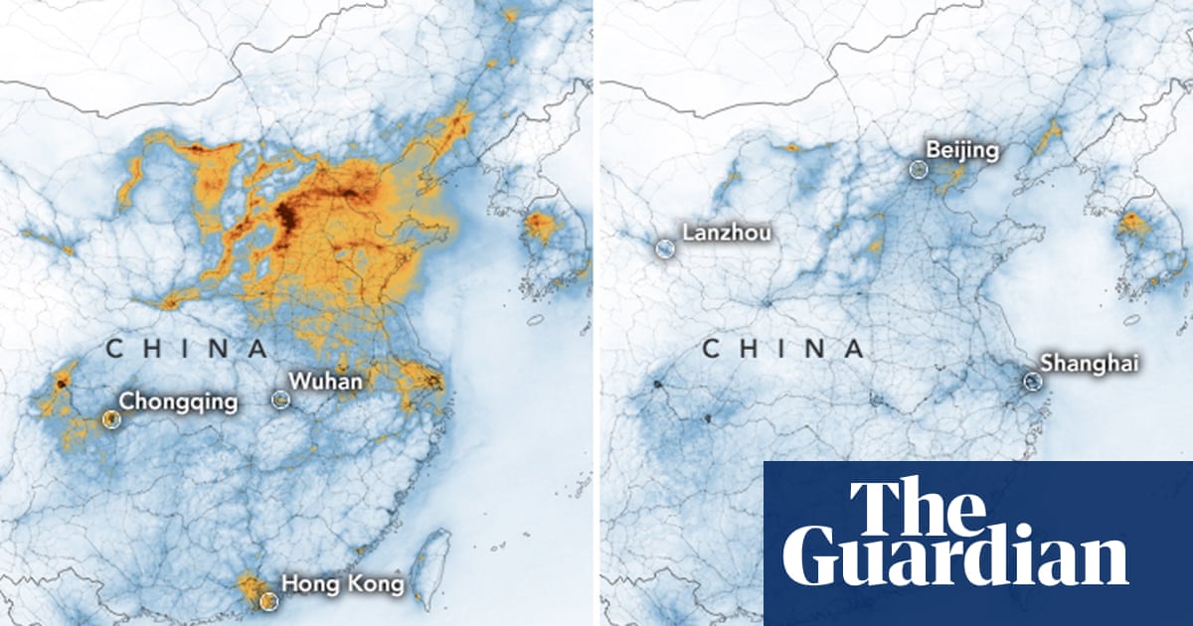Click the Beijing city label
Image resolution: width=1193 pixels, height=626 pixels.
[x=961, y=151]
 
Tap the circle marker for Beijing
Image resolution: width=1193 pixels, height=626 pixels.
[x=918, y=170]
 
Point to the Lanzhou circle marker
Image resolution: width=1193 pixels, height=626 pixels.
[x=663, y=247]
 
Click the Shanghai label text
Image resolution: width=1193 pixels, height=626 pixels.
[x=1089, y=364]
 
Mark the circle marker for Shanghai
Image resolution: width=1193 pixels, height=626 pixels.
[x=1033, y=381]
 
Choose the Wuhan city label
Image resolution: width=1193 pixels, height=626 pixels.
[x=325, y=381]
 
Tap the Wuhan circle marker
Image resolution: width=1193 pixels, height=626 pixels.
[x=281, y=398]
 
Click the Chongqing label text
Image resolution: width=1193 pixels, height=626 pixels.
[x=178, y=401]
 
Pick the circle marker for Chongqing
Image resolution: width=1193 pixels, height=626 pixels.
[x=111, y=419]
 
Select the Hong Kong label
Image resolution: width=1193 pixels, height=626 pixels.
[x=343, y=583]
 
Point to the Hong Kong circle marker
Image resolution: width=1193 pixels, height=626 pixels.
[x=266, y=600]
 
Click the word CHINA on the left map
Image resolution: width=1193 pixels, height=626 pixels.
[x=187, y=349]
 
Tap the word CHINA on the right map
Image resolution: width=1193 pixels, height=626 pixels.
[x=782, y=349]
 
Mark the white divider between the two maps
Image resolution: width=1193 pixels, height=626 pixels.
[x=596, y=313]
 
